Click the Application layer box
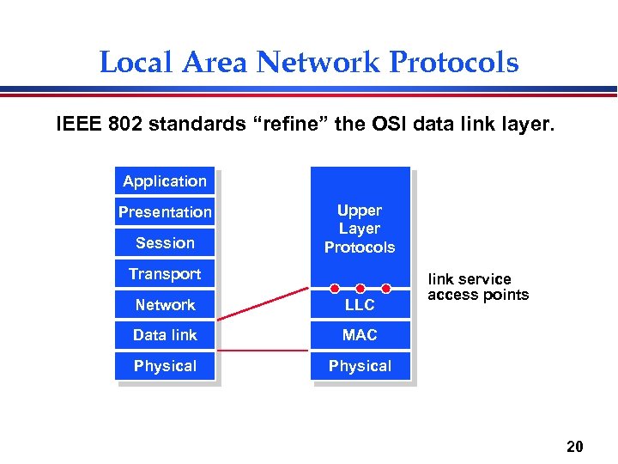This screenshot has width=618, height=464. click(165, 181)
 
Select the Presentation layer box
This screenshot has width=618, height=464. click(165, 212)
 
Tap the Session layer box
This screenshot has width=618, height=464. click(165, 243)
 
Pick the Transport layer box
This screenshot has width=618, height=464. click(165, 274)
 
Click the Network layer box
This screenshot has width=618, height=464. click(165, 305)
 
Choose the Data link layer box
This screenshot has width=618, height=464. click(165, 335)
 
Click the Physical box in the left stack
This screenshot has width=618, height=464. click(165, 366)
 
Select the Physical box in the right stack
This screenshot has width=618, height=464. click(360, 366)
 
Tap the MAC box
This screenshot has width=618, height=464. click(360, 335)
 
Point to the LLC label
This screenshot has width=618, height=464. click(360, 305)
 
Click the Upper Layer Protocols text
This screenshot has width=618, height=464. click(360, 229)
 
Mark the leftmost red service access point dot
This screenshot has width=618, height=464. click(335, 289)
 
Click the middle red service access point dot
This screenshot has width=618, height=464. click(360, 289)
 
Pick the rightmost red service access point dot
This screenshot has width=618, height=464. click(386, 289)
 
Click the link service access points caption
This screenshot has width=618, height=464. click(477, 287)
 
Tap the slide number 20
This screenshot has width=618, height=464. click(575, 446)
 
